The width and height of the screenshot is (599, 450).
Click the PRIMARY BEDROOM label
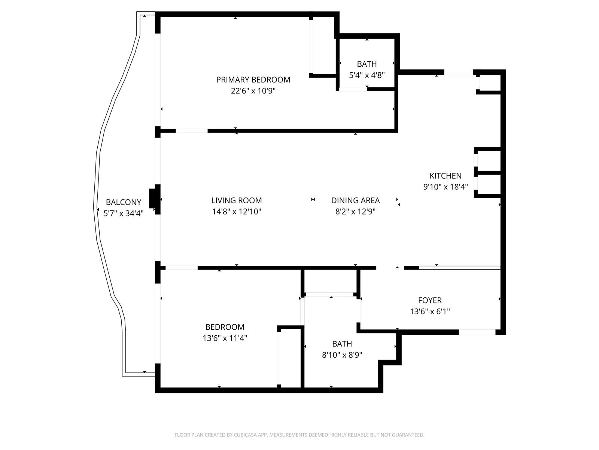[x=253, y=79]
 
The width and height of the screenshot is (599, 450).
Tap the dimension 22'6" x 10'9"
[x=253, y=91]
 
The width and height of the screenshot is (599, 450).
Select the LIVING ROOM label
[x=236, y=200]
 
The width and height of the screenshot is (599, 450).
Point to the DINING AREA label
[x=355, y=200]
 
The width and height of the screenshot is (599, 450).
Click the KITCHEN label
[x=446, y=175]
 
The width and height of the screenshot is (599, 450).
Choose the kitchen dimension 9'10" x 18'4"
[x=446, y=187]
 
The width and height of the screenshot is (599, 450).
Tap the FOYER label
[x=430, y=300]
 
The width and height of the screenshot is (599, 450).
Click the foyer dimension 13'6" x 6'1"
[x=430, y=312]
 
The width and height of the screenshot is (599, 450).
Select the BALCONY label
[x=123, y=202]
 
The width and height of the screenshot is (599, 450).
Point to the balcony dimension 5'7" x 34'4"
[x=123, y=213]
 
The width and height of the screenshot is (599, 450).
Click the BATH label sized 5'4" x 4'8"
[x=367, y=64]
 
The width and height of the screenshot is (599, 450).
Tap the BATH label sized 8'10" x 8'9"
[x=342, y=344]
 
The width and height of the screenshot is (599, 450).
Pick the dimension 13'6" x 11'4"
[x=225, y=338]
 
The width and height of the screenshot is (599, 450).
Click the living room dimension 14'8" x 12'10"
[x=237, y=211]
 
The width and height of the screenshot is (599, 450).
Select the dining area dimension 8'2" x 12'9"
[x=355, y=211]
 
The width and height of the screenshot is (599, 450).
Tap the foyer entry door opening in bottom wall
[x=477, y=332]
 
